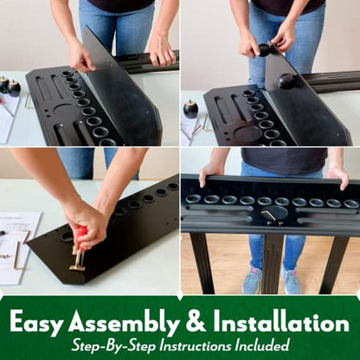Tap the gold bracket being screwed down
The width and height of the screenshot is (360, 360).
77,261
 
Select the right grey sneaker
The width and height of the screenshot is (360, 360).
291,280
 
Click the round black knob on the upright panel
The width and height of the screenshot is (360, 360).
287,81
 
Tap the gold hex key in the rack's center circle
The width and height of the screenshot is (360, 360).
269,215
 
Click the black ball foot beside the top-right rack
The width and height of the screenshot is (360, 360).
190,109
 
